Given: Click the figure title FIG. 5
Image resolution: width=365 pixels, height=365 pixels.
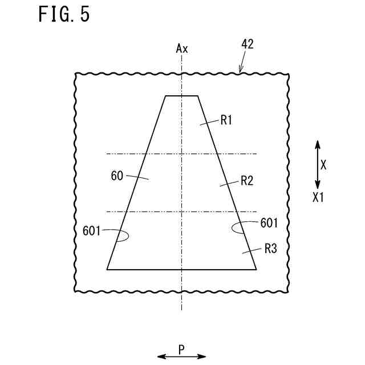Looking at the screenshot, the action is (64, 15).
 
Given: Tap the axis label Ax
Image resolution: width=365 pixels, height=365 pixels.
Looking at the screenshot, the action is (181, 48).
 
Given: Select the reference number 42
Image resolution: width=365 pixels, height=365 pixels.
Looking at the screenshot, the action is (248, 44).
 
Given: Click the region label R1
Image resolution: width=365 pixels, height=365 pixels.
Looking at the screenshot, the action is (227, 120).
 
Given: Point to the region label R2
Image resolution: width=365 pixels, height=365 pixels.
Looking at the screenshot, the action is (246, 181).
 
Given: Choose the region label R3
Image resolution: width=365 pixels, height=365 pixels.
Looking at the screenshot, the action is (270, 249).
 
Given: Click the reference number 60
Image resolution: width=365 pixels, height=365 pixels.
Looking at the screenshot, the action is (117, 176).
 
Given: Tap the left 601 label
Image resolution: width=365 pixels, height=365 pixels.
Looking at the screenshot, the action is (91, 231).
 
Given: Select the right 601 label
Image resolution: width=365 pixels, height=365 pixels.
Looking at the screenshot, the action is (269, 222).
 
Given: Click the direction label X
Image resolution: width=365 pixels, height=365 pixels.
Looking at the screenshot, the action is (323, 165).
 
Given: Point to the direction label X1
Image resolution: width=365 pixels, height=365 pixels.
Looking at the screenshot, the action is (318, 197).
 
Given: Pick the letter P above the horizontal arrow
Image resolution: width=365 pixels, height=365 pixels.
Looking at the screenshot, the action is (181, 348).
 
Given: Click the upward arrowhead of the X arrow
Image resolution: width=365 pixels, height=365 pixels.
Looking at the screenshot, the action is (318, 144).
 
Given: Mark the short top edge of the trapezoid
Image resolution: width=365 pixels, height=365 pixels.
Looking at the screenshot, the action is (181, 96).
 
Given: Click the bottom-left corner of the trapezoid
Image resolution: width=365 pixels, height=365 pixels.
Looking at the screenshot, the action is (107, 269).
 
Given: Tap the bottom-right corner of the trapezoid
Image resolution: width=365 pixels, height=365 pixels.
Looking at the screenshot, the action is (256, 269).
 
